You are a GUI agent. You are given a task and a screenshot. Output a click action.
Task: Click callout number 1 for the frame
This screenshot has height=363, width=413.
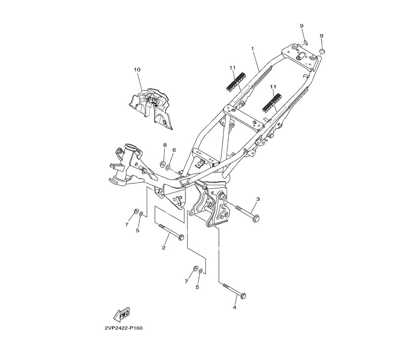tap(252, 48)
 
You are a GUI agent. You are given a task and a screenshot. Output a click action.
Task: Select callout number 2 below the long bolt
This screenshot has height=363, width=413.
tap(164, 247)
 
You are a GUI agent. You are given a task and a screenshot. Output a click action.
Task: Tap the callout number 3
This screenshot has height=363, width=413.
tap(258, 199)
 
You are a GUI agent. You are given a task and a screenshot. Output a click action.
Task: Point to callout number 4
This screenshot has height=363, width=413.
tap(235, 307)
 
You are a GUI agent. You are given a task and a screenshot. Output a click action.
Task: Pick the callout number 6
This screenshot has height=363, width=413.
tap(174, 150)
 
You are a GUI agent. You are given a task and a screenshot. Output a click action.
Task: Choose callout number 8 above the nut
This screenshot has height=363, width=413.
tap(164, 145)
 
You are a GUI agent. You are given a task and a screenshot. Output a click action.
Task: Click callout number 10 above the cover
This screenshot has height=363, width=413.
tap(137, 70)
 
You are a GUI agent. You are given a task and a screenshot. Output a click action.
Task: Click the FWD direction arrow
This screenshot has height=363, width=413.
tap(122, 315)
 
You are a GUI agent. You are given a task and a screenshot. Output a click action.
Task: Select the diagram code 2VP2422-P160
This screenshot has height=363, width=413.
tap(123, 328)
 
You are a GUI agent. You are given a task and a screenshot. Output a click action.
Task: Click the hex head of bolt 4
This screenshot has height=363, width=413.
tap(243, 295)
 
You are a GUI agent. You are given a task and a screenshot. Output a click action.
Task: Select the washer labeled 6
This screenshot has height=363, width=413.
tap(168, 167)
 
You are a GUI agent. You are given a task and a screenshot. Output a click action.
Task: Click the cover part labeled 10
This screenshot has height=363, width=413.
tap(151, 108)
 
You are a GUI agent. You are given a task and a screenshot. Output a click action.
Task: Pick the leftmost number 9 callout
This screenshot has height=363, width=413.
tap(301, 26)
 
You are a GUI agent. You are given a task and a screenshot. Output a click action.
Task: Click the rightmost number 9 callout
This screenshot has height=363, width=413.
tap(321, 36)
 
